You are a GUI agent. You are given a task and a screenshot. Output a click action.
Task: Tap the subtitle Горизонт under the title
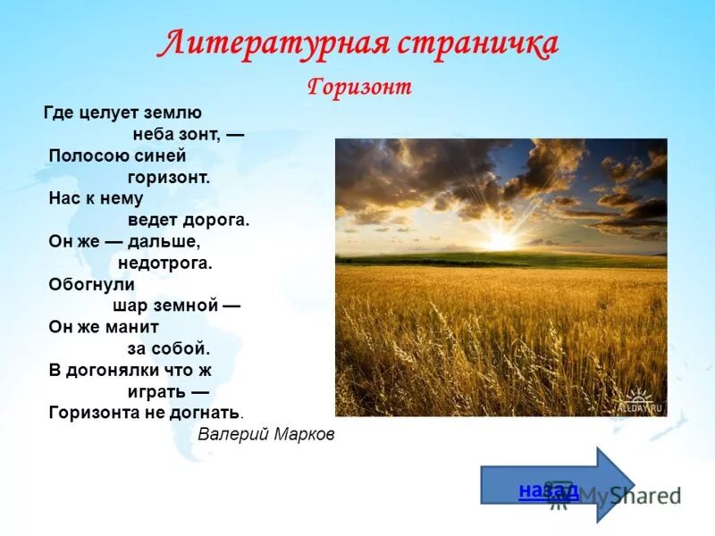(359, 88)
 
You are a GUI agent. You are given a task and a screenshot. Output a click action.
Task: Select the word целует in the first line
(103, 113)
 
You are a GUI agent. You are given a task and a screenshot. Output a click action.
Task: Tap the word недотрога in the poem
(164, 264)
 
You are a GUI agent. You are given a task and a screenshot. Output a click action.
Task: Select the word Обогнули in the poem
(91, 284)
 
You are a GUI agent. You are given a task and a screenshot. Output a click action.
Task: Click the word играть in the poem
(149, 392)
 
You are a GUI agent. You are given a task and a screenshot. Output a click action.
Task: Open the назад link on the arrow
(548, 490)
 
